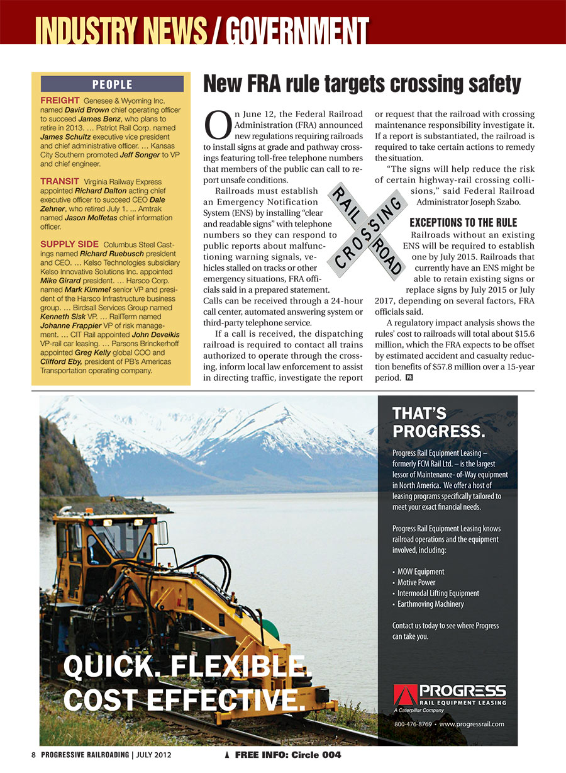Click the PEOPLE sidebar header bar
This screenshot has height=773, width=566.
click(x=112, y=84)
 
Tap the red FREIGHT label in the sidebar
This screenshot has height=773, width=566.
click(x=59, y=101)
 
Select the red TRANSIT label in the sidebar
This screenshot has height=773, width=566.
click(x=60, y=181)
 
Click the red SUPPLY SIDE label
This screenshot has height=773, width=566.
click(x=69, y=244)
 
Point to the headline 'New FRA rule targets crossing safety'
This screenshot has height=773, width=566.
click(x=362, y=84)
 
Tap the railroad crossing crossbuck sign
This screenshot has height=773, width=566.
click(x=365, y=230)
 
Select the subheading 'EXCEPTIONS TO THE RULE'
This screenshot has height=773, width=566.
click(x=463, y=223)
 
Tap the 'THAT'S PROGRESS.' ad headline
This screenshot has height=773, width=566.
click(x=438, y=422)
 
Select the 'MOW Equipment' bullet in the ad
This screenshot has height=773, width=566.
click(x=420, y=572)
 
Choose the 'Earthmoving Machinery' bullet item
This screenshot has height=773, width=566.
click(x=430, y=604)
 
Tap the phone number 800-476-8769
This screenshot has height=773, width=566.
click(x=413, y=724)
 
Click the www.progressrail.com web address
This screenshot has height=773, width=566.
click(x=472, y=724)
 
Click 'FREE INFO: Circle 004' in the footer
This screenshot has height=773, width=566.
click(x=288, y=755)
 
